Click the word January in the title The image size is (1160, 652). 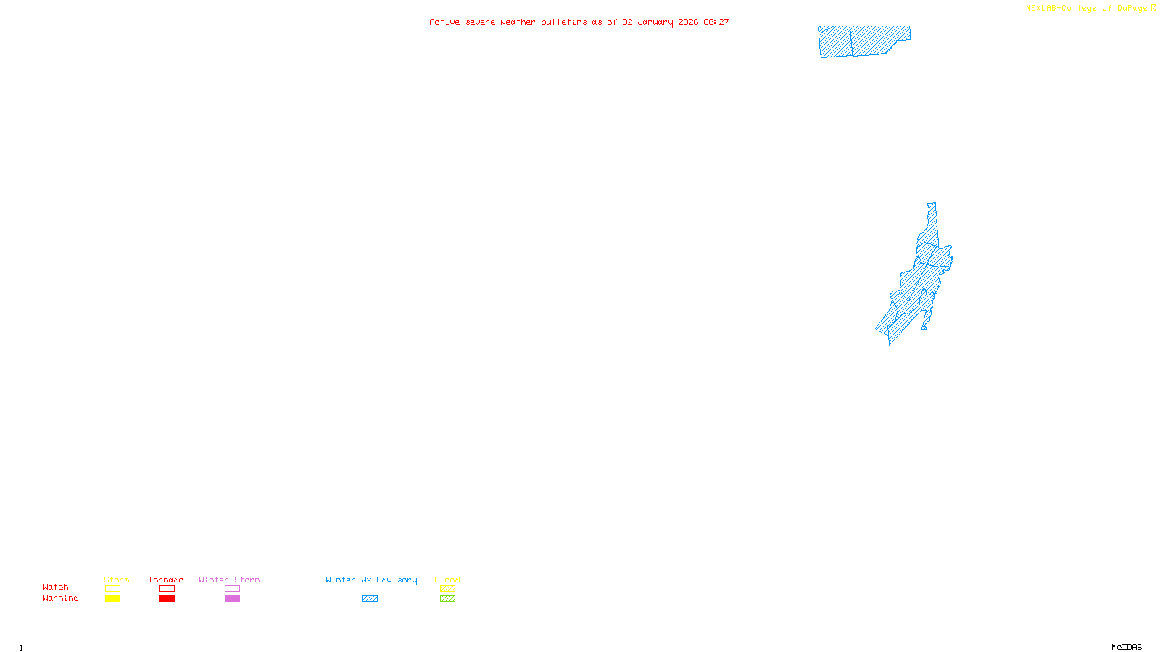coord(655,22)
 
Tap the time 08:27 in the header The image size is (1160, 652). coord(716,22)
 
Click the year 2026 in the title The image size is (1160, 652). coord(688,22)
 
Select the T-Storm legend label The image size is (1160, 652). coord(112,580)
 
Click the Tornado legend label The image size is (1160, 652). coord(166,580)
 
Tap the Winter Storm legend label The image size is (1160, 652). coord(229,580)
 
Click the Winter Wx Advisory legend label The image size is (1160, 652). coord(371,580)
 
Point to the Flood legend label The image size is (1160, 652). coord(447,580)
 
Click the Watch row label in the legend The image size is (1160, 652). coord(56,587)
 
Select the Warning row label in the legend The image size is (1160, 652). coord(60,598)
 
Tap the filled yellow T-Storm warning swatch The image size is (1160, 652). coord(112,599)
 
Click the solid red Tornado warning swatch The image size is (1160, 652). coord(167,599)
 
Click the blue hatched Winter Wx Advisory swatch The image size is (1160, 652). coord(370,599)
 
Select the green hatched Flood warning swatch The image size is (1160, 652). coord(447,599)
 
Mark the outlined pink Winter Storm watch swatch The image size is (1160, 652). coord(232,589)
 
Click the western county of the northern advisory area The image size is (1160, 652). coord(835,41)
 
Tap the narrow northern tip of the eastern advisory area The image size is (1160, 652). coord(932,214)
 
